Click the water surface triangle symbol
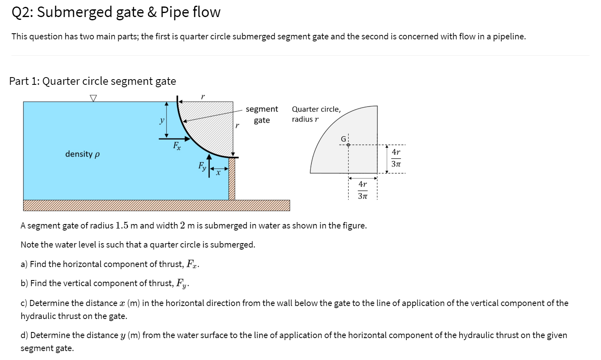pos(93,98)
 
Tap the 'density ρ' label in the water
pos(82,154)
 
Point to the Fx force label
pos(177,146)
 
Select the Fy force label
pos(202,166)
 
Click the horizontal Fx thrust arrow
pos(174,139)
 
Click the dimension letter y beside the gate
pos(162,120)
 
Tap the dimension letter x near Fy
pos(218,173)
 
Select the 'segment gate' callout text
pos(262,114)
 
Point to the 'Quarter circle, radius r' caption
pos(316,114)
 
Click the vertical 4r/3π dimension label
pos(396,158)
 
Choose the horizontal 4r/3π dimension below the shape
pos(363,190)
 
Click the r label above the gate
pos(203,97)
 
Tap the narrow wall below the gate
pos(232,179)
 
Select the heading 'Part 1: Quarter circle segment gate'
pos(93,81)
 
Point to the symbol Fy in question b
pos(181,283)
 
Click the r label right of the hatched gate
pos(237,125)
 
